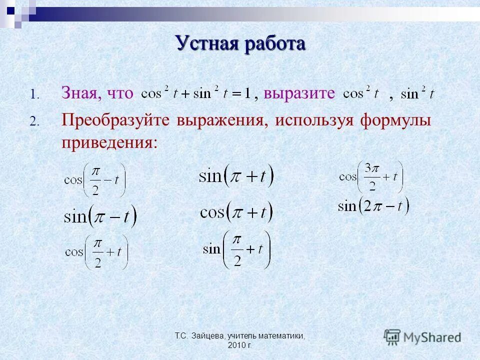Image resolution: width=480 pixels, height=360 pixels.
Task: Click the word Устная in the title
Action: (207, 43)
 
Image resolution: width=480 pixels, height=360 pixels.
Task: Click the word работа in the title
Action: (274, 43)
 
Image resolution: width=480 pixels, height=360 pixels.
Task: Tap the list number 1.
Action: (33, 94)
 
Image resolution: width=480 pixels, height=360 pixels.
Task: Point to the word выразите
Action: (299, 93)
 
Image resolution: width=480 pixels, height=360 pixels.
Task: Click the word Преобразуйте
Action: (115, 120)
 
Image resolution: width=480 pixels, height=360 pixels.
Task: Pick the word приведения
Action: (109, 143)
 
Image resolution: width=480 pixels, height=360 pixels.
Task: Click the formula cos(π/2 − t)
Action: (94, 180)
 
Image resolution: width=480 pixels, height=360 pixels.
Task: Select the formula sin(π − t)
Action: (100, 216)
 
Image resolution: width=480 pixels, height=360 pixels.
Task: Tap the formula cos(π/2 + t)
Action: (96, 252)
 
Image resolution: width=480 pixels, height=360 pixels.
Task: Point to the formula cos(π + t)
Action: (236, 212)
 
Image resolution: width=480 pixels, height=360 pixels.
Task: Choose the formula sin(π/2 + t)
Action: (236, 249)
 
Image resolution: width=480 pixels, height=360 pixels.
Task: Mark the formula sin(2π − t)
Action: (373, 205)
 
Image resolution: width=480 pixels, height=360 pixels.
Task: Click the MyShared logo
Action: (423, 337)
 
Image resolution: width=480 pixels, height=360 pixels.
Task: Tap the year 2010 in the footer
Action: (235, 345)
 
